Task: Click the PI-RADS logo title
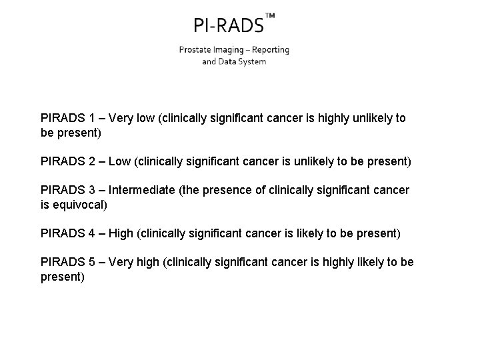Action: [x=228, y=26]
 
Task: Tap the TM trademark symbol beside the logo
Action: [x=270, y=15]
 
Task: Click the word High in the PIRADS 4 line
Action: [x=121, y=233]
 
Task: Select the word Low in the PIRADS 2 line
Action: [x=120, y=161]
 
